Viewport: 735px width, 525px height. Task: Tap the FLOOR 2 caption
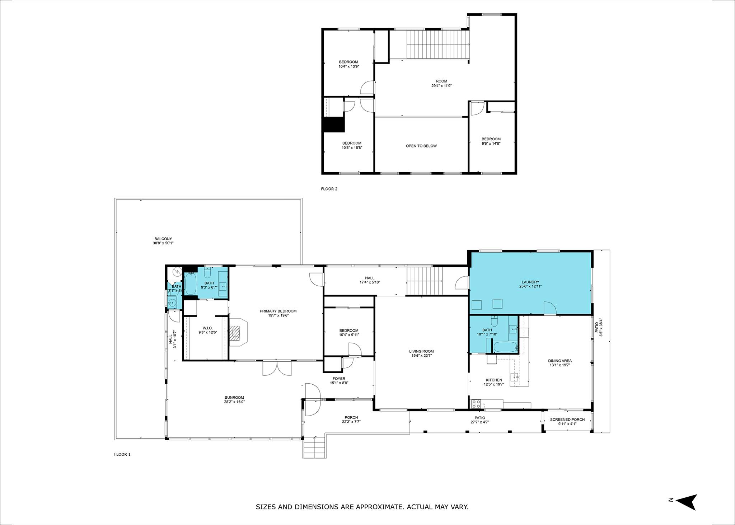tap(329, 189)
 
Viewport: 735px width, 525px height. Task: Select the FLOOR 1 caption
tap(122, 454)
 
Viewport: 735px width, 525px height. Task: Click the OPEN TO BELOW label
tap(421, 146)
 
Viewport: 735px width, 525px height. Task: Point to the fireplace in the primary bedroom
tap(237, 332)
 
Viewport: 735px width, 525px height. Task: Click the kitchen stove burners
tap(476, 404)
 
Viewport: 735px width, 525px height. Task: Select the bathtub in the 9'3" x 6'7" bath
tap(190, 285)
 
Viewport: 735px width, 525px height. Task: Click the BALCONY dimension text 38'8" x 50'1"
tap(163, 243)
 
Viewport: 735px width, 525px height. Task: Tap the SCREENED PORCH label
tap(567, 419)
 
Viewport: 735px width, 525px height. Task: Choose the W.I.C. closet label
tap(208, 328)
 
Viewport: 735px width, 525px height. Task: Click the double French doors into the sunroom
tap(277, 368)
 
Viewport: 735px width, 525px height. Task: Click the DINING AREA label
tap(560, 361)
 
